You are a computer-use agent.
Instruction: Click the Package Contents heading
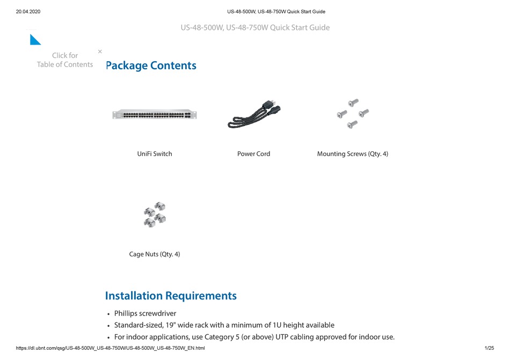point(151,65)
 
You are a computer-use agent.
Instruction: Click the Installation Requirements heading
point(171,296)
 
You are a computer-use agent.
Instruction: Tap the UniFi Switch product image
point(155,114)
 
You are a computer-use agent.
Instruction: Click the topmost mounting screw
point(353,102)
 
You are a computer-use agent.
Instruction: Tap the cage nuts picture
point(155,215)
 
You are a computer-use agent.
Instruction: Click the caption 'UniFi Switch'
point(155,154)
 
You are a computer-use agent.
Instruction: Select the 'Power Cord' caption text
point(253,154)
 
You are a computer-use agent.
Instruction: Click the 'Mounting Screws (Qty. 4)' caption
point(352,154)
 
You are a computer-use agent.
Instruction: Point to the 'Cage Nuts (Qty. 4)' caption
point(155,254)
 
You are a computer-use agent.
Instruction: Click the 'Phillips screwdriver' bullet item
point(145,313)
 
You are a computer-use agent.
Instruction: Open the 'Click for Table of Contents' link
point(65,60)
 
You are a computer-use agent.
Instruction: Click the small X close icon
point(100,52)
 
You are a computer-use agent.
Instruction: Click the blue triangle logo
point(35,39)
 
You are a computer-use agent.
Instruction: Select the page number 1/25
point(489,348)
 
